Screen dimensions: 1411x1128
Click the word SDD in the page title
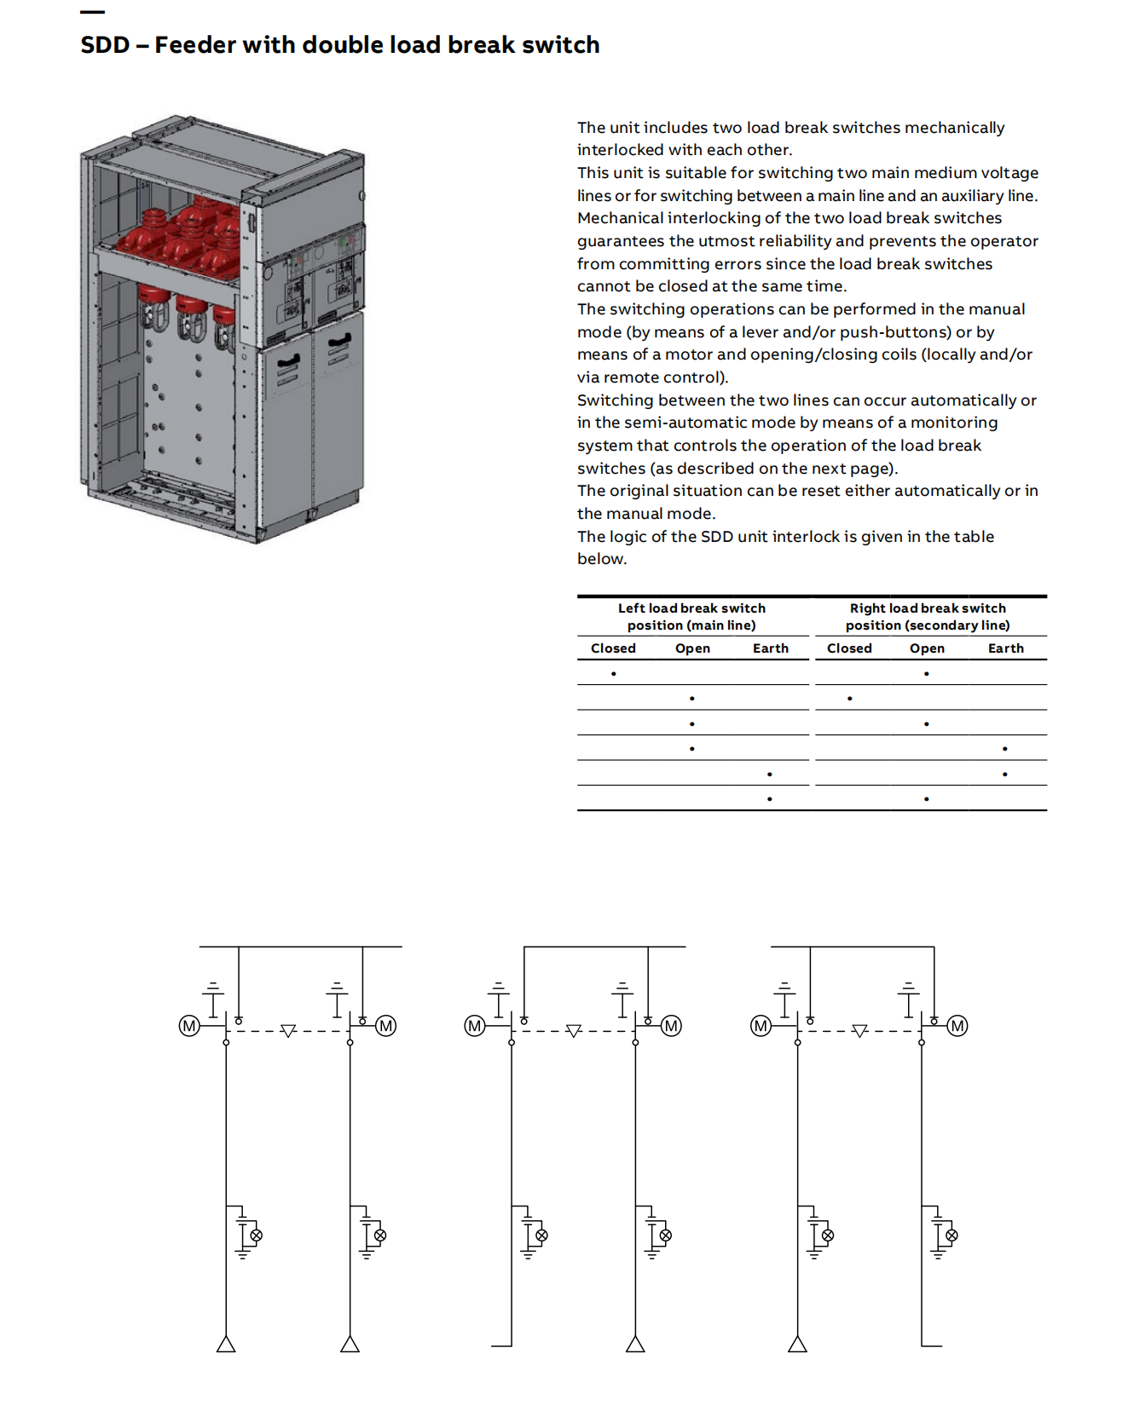[x=105, y=45]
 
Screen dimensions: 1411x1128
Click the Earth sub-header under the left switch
[x=770, y=648]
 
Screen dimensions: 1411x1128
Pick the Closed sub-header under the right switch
[x=849, y=648]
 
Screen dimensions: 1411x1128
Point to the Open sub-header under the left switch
[x=692, y=648]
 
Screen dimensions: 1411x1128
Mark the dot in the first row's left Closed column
[x=613, y=674]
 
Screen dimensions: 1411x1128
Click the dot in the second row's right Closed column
[x=850, y=699]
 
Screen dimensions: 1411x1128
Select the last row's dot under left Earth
[x=770, y=799]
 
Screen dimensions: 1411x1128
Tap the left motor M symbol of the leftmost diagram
[x=189, y=1026]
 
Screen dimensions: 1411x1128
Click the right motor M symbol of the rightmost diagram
[x=957, y=1026]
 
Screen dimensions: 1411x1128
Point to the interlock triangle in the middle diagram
[x=574, y=1031]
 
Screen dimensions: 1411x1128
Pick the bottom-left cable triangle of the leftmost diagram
[x=226, y=1345]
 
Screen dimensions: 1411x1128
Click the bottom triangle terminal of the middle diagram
[x=635, y=1345]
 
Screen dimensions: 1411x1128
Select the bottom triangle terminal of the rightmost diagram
[x=797, y=1345]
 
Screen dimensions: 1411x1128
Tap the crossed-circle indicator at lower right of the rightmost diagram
[x=952, y=1235]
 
